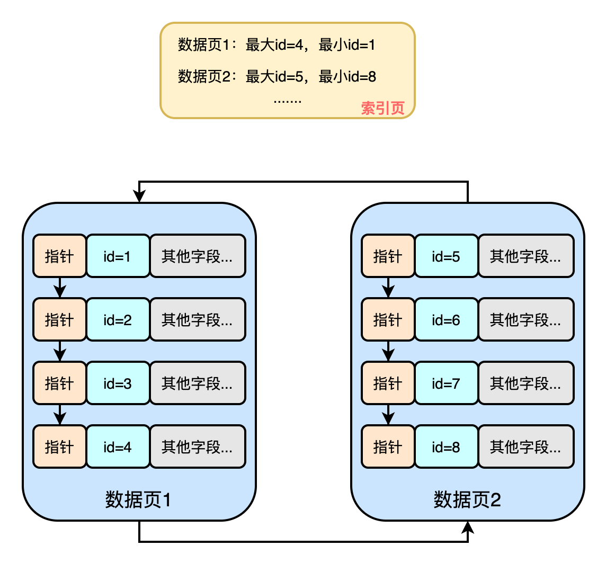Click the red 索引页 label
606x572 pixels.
[382, 108]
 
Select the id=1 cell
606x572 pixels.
[118, 256]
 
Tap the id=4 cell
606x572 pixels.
[118, 447]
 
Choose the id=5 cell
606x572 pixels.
[446, 256]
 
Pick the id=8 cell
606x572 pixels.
[446, 447]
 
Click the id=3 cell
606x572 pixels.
[118, 383]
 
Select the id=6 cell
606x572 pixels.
[446, 320]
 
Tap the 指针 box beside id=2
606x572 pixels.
[59, 320]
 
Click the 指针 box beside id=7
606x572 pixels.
[388, 383]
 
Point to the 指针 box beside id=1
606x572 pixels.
[59, 256]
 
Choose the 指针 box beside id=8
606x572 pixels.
[388, 447]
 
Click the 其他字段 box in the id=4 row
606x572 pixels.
[198, 447]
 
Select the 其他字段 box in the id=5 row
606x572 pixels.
[526, 256]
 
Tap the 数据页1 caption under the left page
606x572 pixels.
[138, 499]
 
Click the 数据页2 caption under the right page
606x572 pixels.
[467, 499]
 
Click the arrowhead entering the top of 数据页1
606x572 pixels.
[139, 196]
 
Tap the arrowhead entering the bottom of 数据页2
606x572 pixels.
[468, 527]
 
